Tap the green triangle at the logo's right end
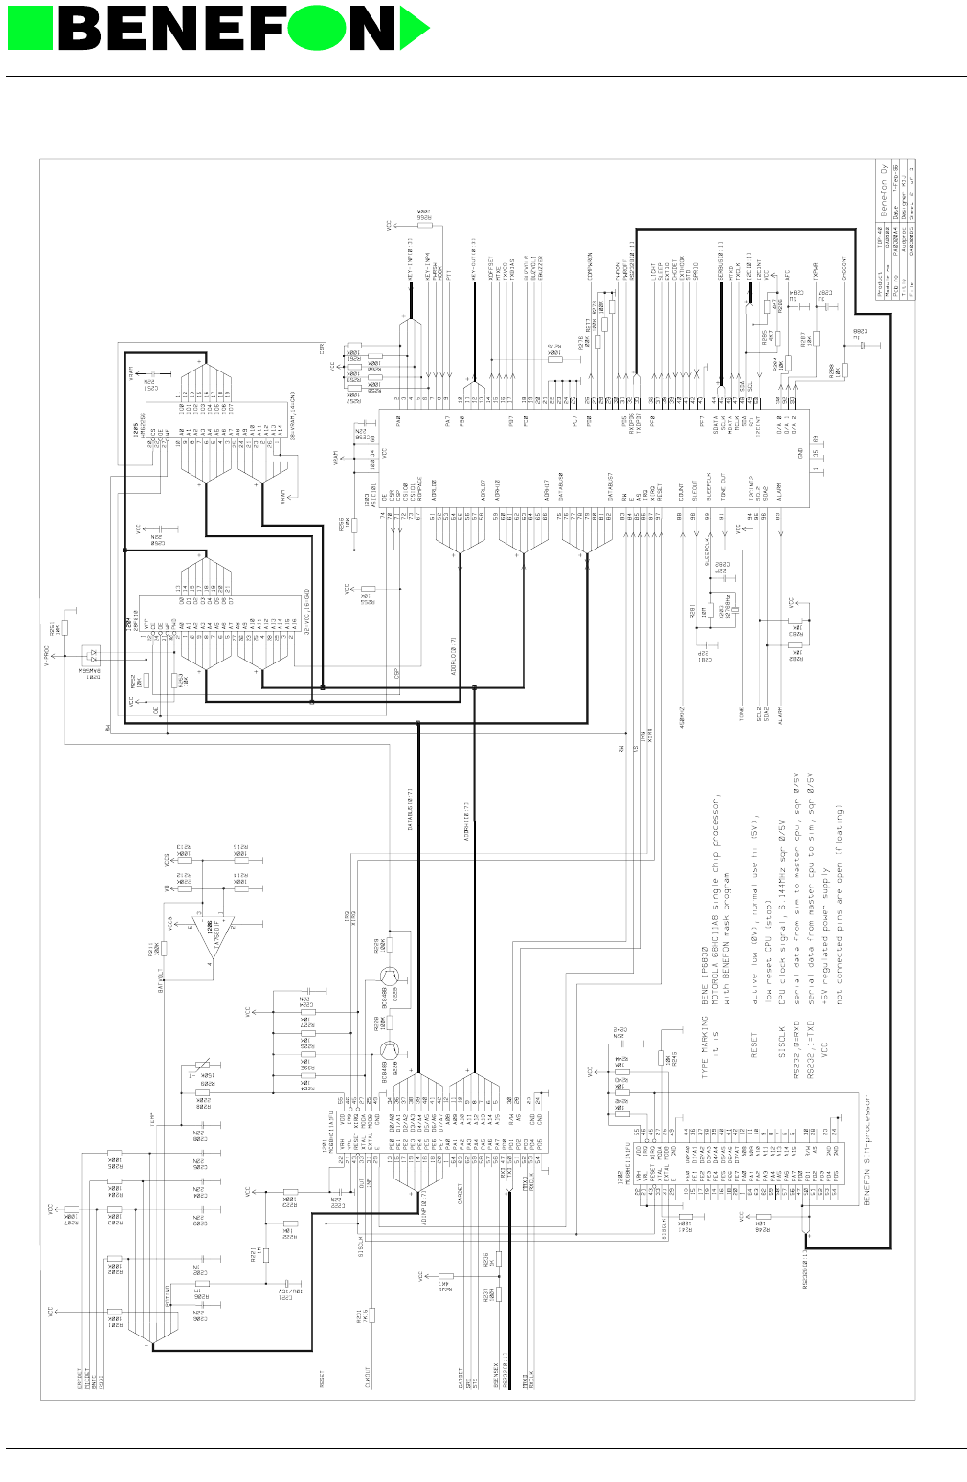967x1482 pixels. click(415, 28)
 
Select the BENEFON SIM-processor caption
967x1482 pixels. click(866, 1150)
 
